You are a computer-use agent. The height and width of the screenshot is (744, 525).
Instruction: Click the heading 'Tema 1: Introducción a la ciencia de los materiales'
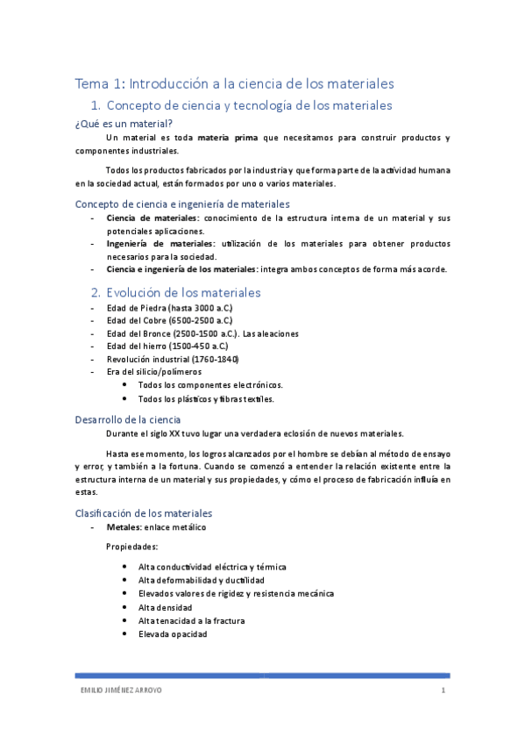(234, 83)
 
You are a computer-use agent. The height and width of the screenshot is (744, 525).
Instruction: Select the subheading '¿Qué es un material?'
(124, 124)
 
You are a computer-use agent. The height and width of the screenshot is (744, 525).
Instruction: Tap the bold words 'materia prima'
(226, 138)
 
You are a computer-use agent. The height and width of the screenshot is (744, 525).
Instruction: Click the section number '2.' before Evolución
(96, 292)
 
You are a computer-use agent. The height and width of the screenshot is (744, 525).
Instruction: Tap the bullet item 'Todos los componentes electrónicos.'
(210, 384)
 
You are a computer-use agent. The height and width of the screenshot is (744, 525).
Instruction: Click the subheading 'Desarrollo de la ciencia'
(128, 419)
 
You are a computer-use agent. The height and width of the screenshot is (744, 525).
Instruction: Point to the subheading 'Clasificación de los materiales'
(144, 513)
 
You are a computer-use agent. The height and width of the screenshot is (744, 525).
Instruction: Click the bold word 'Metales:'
(124, 528)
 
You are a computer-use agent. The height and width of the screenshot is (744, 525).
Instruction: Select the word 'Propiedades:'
(131, 547)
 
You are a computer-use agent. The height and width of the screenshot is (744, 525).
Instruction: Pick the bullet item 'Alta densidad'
(166, 607)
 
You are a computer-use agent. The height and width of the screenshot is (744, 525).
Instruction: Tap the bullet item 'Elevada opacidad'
(173, 634)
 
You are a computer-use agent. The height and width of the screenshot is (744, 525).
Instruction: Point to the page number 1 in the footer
(444, 690)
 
